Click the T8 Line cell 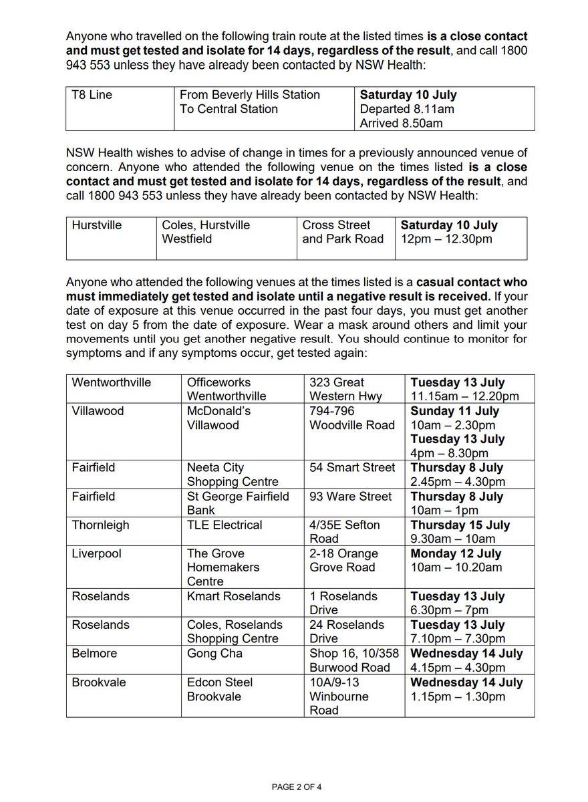pyautogui.click(x=92, y=95)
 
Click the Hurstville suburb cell pyautogui.click(x=97, y=225)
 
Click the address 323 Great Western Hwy pyautogui.click(x=345, y=390)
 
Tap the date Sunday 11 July pyautogui.click(x=454, y=411)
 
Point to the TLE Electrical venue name pyautogui.click(x=225, y=525)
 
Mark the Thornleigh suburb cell pyautogui.click(x=100, y=525)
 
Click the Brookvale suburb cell pyautogui.click(x=99, y=682)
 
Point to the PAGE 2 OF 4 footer pyautogui.click(x=294, y=787)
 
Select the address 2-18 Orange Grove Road pyautogui.click(x=343, y=561)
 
